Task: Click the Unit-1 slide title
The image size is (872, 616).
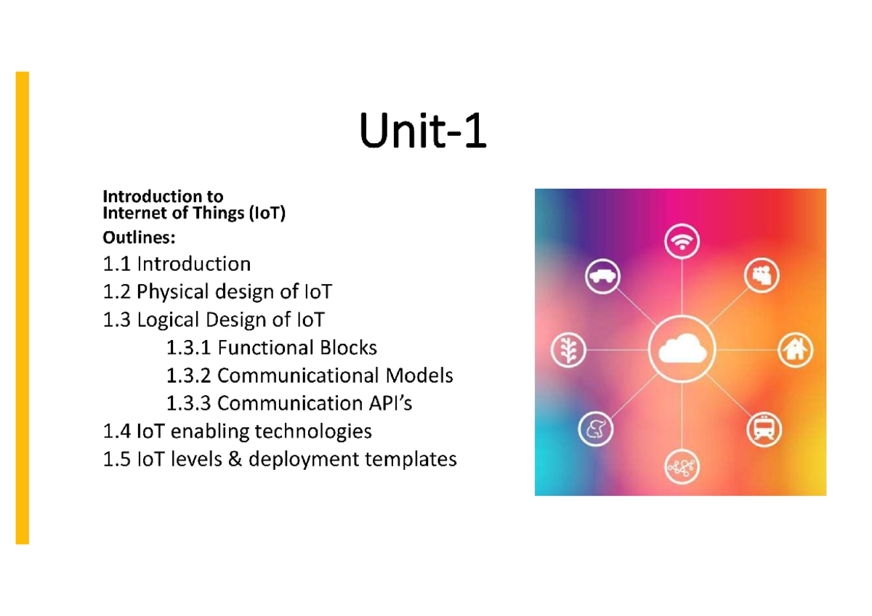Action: tap(424, 135)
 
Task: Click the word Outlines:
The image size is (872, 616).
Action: tap(139, 238)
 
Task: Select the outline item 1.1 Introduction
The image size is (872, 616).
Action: tap(177, 264)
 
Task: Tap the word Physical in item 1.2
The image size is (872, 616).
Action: tap(171, 292)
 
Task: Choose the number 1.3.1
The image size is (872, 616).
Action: tap(189, 348)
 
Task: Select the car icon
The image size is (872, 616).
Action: tap(602, 276)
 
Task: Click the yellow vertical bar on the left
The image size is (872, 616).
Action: tap(23, 307)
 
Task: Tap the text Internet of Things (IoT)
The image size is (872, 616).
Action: tap(194, 214)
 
